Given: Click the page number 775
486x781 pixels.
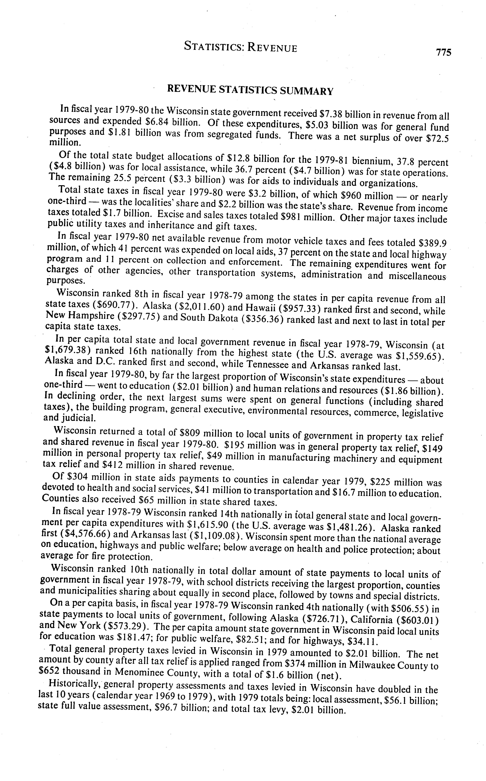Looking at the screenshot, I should point(444,52).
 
